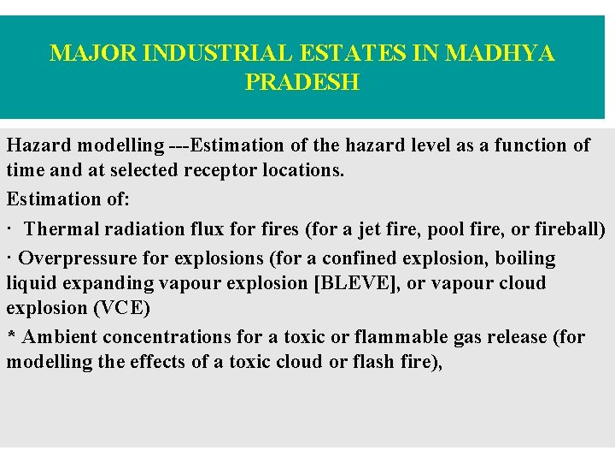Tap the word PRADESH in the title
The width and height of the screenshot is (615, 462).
[302, 83]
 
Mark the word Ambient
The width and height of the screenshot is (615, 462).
[56, 337]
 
